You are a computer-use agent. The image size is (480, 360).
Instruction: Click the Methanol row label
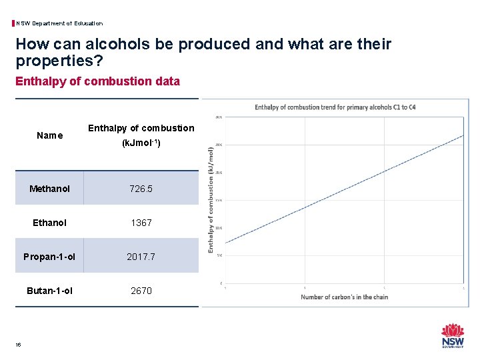tap(49, 189)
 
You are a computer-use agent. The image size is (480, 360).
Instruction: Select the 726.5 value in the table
tap(141, 189)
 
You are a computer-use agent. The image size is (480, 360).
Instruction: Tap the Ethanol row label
tap(49, 223)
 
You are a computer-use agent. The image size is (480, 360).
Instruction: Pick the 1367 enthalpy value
tap(141, 223)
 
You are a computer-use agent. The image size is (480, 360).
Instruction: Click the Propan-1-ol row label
tap(49, 257)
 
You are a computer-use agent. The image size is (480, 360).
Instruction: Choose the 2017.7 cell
tap(141, 257)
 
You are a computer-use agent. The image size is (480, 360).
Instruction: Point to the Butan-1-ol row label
tap(49, 291)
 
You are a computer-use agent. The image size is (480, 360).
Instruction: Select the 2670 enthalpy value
tap(141, 291)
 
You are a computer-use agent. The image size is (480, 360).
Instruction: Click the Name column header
tap(49, 135)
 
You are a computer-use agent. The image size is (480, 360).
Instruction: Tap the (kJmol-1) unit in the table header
tap(141, 143)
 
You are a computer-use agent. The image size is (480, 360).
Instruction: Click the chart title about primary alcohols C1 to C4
tap(335, 107)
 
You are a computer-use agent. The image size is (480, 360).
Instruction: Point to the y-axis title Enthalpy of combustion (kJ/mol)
tap(211, 200)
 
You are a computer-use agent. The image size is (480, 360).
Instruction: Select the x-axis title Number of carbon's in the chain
tap(344, 297)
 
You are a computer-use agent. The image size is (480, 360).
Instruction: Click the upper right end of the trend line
tap(463, 135)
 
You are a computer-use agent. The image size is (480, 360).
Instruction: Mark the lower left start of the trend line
tap(227, 243)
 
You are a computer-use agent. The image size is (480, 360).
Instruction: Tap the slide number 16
tap(18, 344)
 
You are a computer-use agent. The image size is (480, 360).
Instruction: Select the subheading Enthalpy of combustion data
tap(97, 81)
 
